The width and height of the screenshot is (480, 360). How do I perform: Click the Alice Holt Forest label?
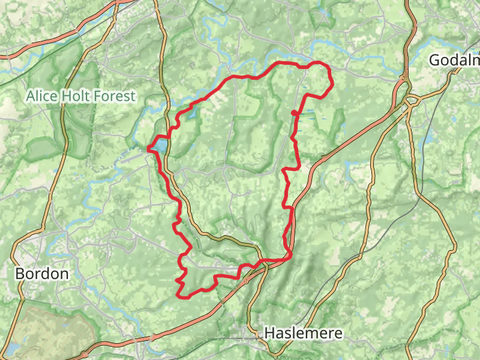coord(81,95)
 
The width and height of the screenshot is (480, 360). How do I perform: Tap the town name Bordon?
coord(41,274)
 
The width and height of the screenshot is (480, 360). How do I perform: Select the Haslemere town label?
coord(304,333)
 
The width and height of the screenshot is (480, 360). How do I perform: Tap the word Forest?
coord(116,95)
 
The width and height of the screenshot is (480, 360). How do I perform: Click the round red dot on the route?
coord(294,113)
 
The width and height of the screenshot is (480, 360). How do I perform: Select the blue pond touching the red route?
coord(159,145)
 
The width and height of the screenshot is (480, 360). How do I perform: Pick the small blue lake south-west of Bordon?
coord(12,349)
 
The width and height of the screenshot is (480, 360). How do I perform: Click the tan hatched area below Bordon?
coord(54,330)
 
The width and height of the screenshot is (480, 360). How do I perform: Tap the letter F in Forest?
coord(101,95)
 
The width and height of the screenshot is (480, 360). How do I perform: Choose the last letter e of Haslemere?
coord(338,334)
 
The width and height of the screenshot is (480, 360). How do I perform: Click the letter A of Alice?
coord(31,95)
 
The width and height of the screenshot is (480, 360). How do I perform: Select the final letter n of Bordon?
coord(64,274)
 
